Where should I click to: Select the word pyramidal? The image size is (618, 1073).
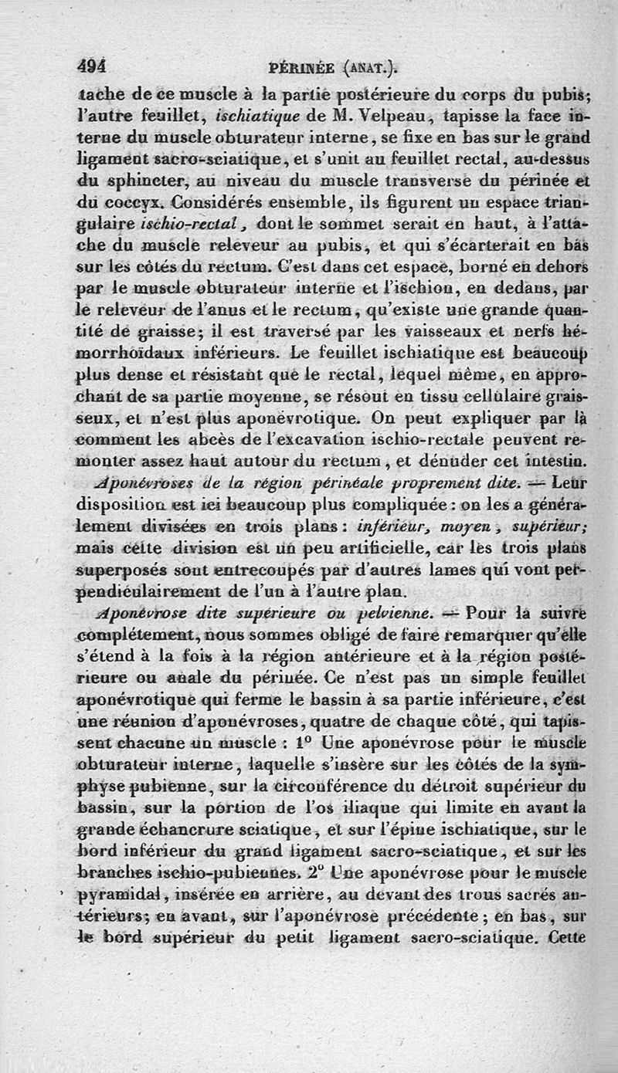130,895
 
